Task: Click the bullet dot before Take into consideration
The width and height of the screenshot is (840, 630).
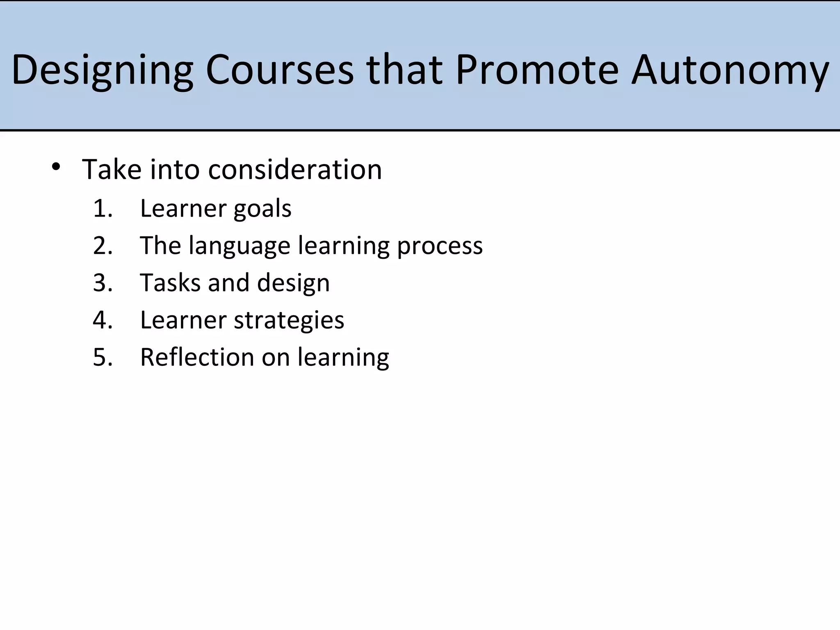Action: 56,167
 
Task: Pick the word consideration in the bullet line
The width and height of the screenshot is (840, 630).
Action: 295,169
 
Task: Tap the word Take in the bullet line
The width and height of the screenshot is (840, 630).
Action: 112,169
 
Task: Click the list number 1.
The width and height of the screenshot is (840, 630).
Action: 102,208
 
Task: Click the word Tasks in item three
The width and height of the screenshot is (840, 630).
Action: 170,283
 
